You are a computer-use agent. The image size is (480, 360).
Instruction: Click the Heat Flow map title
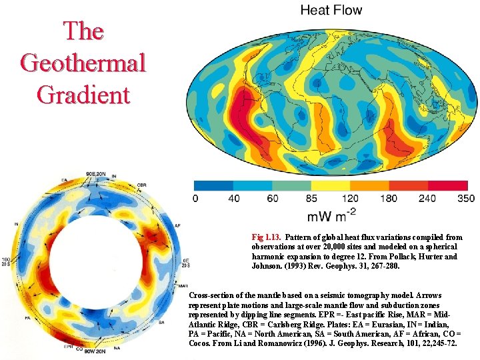click(x=331, y=10)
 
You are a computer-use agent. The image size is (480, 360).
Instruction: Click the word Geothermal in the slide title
click(x=83, y=63)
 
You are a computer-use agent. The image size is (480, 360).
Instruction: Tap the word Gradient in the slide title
click(x=83, y=94)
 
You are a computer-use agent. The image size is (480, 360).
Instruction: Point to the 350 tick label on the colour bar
click(x=467, y=198)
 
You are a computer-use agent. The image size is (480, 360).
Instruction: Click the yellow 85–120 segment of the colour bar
click(x=330, y=185)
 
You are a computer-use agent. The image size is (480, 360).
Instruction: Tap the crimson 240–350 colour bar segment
click(x=447, y=185)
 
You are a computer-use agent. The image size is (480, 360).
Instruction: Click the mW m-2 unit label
click(x=331, y=216)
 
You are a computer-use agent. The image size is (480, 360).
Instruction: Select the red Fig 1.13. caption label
click(x=267, y=237)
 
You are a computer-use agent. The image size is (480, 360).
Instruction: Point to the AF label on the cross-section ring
click(x=177, y=226)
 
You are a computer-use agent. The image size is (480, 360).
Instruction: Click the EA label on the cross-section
click(x=64, y=181)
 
